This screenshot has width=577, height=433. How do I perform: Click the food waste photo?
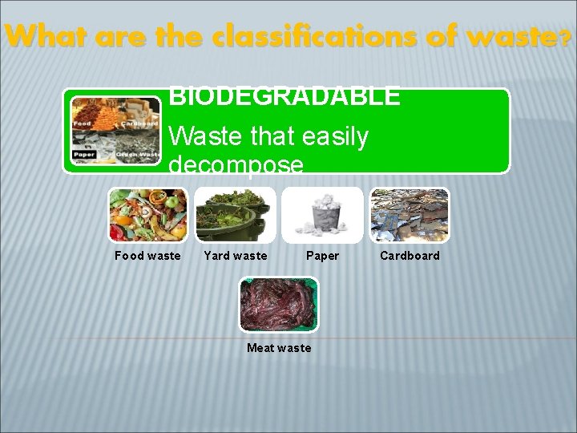pyautogui.click(x=147, y=215)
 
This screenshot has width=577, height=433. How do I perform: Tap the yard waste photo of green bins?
pyautogui.click(x=236, y=215)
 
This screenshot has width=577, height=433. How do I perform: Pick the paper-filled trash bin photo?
pyautogui.click(x=322, y=215)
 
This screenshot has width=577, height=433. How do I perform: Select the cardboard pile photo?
pyautogui.click(x=410, y=215)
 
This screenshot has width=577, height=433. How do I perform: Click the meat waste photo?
pyautogui.click(x=279, y=305)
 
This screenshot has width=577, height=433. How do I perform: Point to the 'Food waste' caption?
pyautogui.click(x=147, y=256)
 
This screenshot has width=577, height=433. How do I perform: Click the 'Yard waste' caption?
pyautogui.click(x=236, y=256)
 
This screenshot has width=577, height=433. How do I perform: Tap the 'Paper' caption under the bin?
pyautogui.click(x=322, y=256)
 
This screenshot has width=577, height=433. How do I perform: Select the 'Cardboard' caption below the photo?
pyautogui.click(x=410, y=256)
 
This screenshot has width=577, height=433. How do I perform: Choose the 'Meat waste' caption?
pyautogui.click(x=279, y=348)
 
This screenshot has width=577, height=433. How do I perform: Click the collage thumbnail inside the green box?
pyautogui.click(x=115, y=130)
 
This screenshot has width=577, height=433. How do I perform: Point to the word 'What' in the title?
pyautogui.click(x=36, y=36)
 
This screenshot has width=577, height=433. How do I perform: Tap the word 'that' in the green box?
pyautogui.click(x=268, y=137)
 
